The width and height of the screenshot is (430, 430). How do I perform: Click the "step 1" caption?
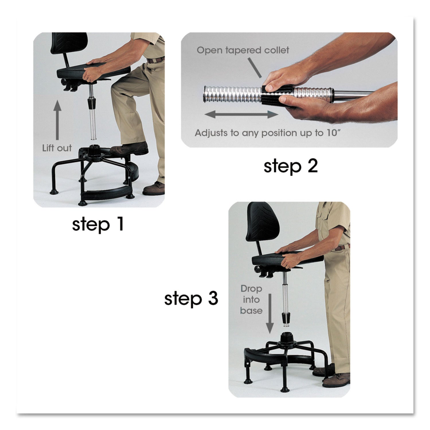[x=98, y=224]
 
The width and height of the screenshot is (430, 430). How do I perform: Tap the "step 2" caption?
[x=290, y=166]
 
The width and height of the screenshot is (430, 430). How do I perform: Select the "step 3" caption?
[x=191, y=299]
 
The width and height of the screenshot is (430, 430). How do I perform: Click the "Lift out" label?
[x=57, y=148]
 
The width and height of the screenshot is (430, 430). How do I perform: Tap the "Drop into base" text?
[x=251, y=300]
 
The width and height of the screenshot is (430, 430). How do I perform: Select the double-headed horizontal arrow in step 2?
[x=241, y=115]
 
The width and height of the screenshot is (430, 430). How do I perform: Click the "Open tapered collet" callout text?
[x=243, y=50]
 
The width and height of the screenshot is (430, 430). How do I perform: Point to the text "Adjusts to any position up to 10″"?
[x=266, y=133]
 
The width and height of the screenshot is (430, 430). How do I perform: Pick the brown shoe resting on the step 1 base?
[x=129, y=149]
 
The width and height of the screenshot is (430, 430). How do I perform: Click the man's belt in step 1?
[x=156, y=60]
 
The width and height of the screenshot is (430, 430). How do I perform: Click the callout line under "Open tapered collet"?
[x=254, y=68]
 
